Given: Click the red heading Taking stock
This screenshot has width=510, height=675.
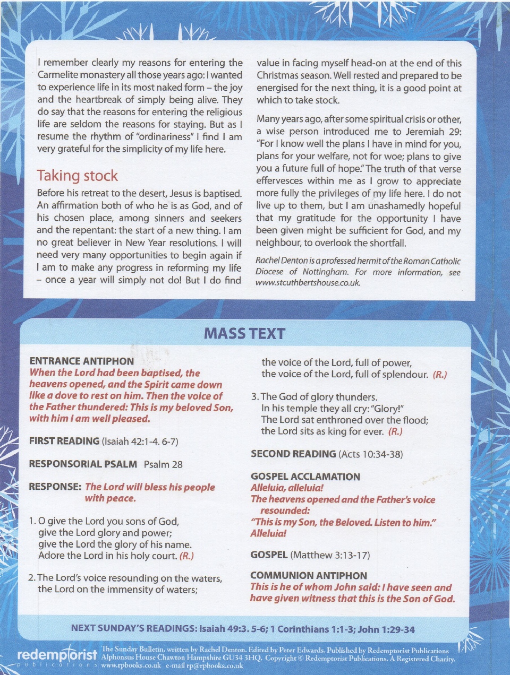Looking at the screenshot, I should [77, 176].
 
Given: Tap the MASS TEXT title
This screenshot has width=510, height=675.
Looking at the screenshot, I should [244, 333].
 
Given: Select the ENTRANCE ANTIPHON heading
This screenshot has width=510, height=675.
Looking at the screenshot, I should [82, 361].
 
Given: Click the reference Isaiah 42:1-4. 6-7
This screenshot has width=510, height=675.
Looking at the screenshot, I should [140, 442].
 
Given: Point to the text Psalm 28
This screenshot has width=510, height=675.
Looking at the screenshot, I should [163, 464].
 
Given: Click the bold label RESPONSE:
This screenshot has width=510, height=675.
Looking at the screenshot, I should [55, 487].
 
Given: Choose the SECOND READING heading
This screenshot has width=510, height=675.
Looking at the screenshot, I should [293, 454].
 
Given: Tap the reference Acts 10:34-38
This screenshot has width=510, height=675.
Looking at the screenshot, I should [370, 454].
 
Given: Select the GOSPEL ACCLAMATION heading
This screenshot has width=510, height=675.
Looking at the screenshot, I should [305, 477].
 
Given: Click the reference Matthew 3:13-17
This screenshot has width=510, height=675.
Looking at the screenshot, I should [330, 555].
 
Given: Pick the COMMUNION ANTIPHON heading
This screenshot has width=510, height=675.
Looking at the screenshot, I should [309, 576].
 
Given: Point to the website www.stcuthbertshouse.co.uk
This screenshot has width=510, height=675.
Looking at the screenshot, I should [308, 283].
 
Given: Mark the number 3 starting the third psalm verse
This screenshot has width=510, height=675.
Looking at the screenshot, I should [254, 397].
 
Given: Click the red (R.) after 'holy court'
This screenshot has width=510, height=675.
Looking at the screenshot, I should [186, 556].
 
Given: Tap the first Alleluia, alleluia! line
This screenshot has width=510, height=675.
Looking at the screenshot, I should [287, 488].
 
